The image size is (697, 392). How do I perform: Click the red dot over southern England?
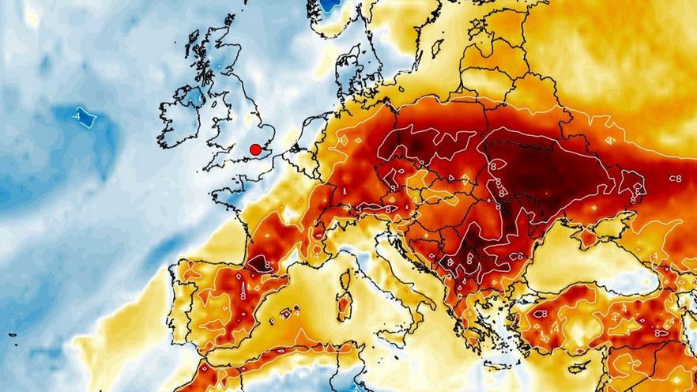255,149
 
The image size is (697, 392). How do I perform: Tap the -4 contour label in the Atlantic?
84,118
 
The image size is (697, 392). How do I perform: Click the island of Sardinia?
344,304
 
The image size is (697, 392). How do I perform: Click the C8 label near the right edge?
675,179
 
